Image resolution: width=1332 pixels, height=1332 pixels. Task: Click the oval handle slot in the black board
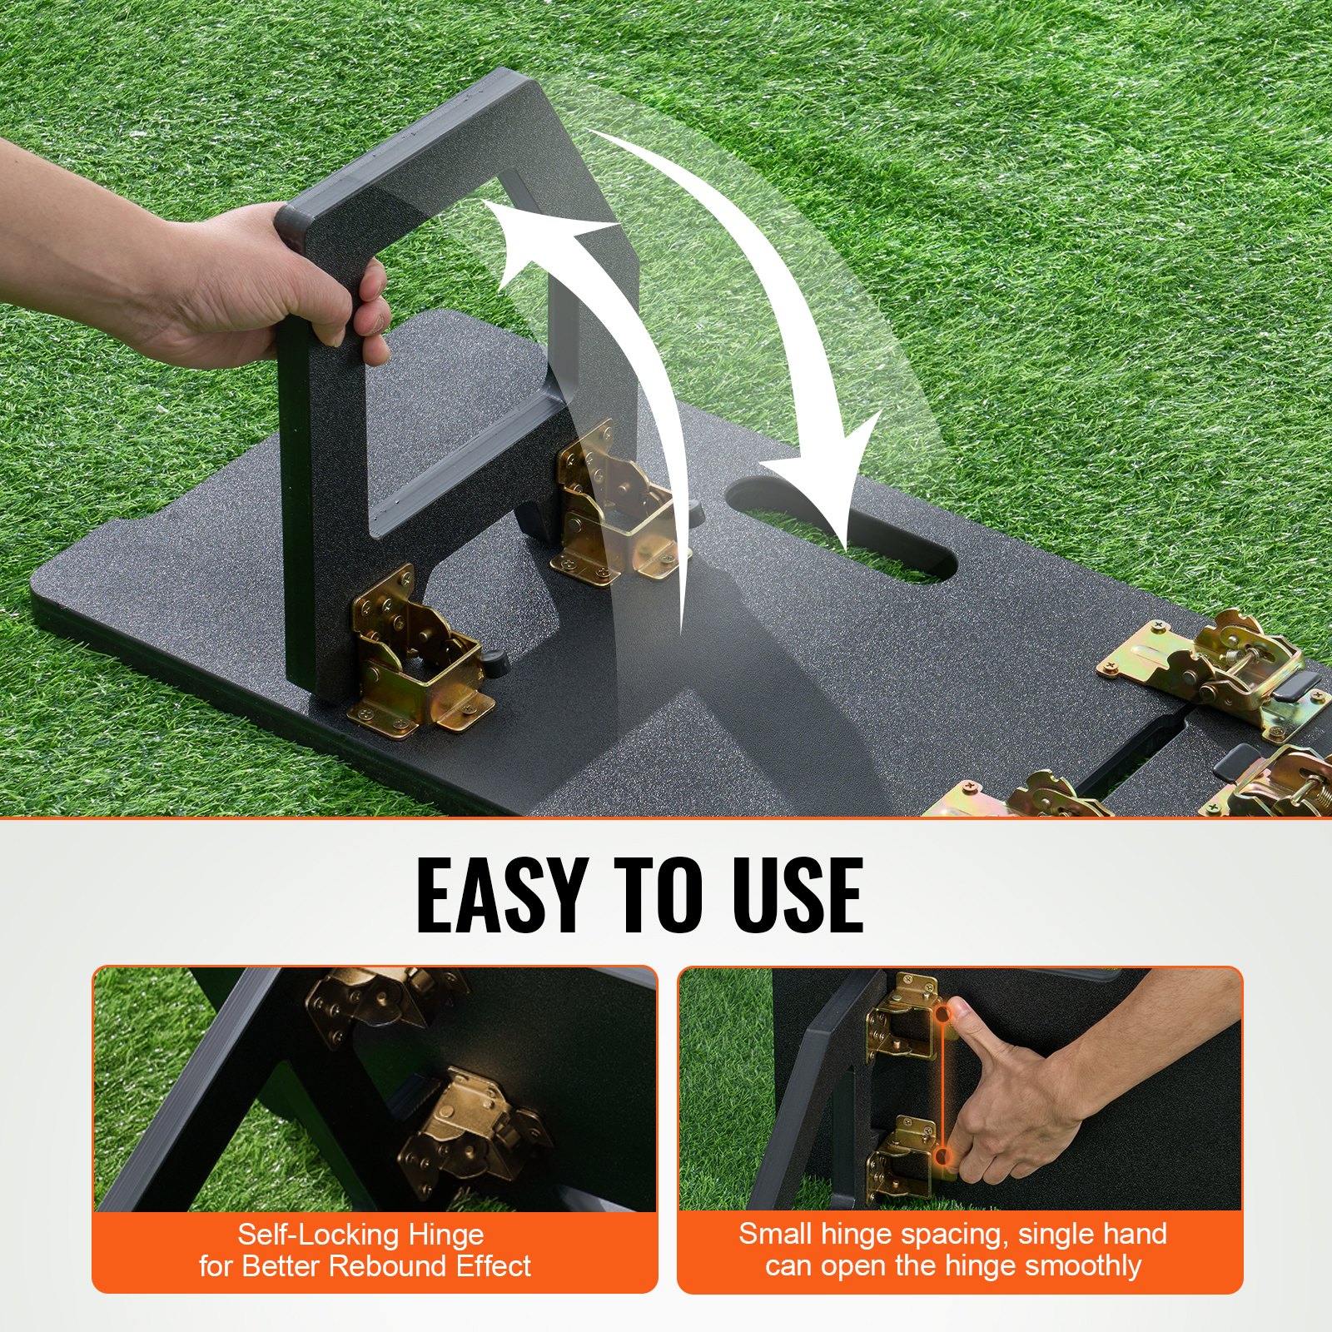[x=841, y=529]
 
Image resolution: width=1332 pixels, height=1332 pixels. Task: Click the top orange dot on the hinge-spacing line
[x=942, y=1014]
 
